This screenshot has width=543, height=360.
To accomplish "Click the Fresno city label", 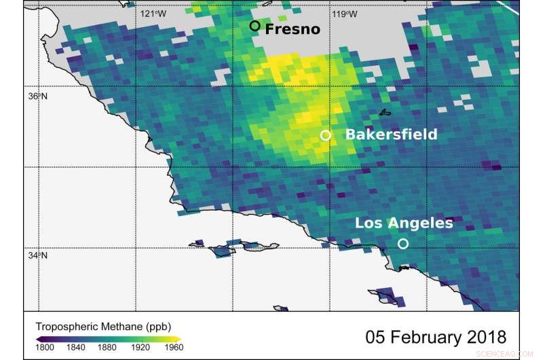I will click(292, 29).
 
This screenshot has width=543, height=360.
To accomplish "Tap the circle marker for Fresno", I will click(255, 26).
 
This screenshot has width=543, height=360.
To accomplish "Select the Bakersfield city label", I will click(391, 134).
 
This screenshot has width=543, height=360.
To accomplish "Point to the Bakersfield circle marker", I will click(326, 135).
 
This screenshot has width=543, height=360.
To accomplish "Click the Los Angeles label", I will click(404, 223).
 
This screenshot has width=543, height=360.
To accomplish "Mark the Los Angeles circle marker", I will click(403, 243).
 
